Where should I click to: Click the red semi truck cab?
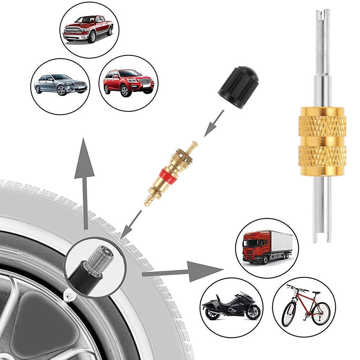[x=256, y=246]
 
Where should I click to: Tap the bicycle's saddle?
[x=316, y=293]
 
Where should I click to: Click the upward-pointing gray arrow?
[x=85, y=180]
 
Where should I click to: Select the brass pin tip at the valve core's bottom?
[x=148, y=202]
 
